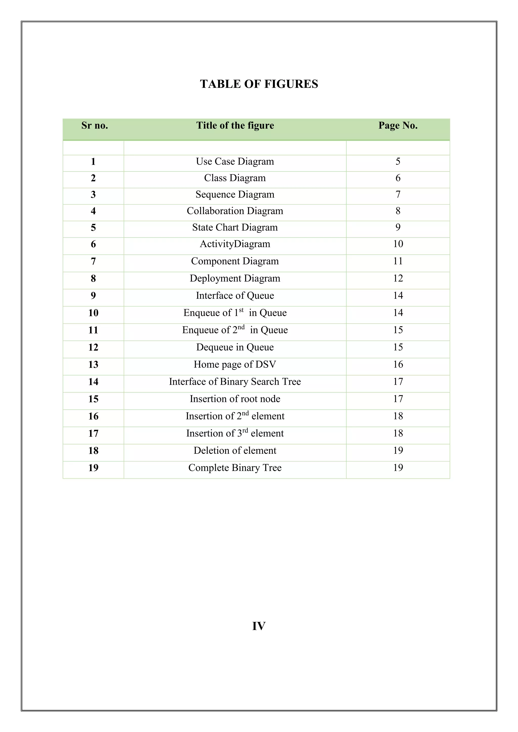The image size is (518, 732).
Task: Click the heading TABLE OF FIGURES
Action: pyautogui.click(x=259, y=84)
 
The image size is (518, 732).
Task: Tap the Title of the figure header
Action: pyautogui.click(x=235, y=125)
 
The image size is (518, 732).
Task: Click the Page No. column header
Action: pyautogui.click(x=398, y=125)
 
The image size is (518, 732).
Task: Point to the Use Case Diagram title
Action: pyautogui.click(x=235, y=161)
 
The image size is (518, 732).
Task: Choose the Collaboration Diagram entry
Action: pyautogui.click(x=235, y=211)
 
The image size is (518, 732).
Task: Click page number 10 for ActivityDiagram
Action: pyautogui.click(x=398, y=244)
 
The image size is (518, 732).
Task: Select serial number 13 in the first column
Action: pyautogui.click(x=93, y=364)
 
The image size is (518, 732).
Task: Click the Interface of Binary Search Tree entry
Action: pyautogui.click(x=235, y=381)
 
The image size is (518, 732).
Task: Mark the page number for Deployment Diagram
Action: pyautogui.click(x=398, y=278)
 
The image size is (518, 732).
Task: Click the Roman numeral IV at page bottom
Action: pyautogui.click(x=259, y=626)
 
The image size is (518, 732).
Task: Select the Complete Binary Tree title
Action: pyautogui.click(x=235, y=467)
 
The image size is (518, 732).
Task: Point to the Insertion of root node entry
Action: pyautogui.click(x=235, y=399)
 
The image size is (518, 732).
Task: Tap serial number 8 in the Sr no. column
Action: pyautogui.click(x=93, y=278)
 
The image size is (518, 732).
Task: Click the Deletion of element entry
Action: pyautogui.click(x=235, y=450)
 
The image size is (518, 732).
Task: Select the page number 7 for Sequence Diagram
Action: pyautogui.click(x=398, y=194)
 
